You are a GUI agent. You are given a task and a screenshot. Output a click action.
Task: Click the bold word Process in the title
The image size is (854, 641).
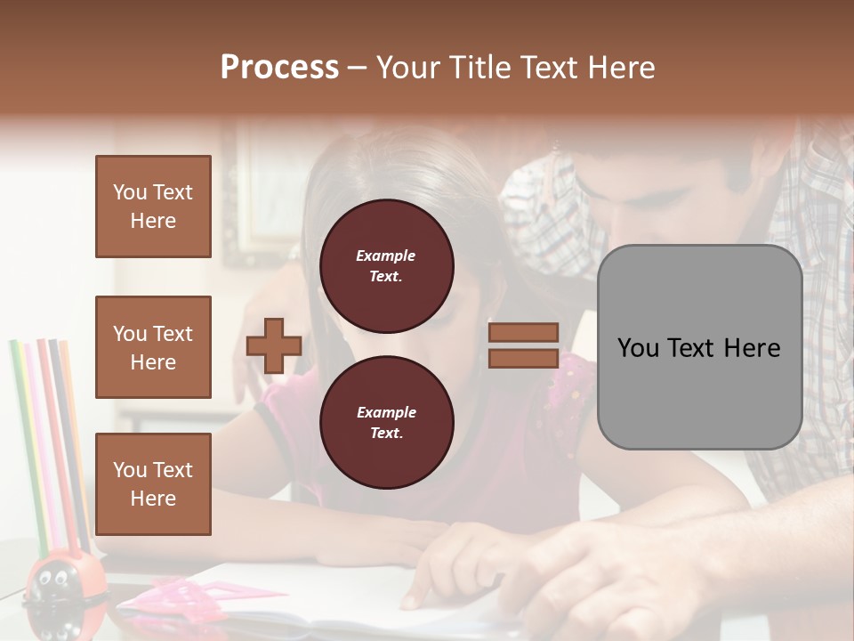tap(279, 67)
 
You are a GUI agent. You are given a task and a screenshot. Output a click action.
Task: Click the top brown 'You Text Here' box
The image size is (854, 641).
tap(153, 207)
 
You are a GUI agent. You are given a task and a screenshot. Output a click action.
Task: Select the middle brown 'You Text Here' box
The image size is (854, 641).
tap(153, 347)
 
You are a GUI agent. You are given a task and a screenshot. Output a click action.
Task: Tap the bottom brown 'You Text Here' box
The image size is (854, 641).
tap(153, 484)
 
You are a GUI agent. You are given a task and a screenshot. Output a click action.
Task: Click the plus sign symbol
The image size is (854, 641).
tap(274, 345)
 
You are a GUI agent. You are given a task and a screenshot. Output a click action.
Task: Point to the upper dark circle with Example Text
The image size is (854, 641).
tap(386, 265)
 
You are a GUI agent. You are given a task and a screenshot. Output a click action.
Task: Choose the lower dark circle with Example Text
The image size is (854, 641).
tap(386, 422)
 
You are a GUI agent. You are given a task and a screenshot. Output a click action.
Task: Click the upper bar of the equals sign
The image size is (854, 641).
tap(523, 332)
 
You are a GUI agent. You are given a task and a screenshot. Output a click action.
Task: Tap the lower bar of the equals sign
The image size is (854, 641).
tap(523, 358)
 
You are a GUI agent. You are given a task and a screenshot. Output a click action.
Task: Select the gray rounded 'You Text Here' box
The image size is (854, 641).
tap(699, 347)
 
